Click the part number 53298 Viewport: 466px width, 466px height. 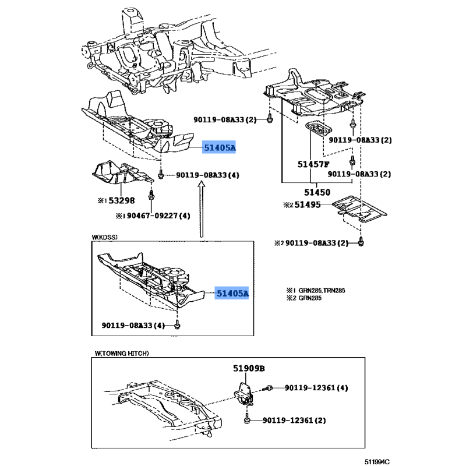pyautogui.click(x=121, y=200)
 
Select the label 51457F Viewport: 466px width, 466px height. pyautogui.click(x=313, y=164)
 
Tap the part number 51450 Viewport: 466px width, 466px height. pyautogui.click(x=317, y=192)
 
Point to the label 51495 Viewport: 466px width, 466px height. pyautogui.click(x=308, y=205)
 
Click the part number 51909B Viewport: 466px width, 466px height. pyautogui.click(x=249, y=369)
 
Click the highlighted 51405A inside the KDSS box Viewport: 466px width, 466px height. pyautogui.click(x=232, y=294)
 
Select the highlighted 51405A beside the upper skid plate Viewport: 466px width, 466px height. pyautogui.click(x=219, y=147)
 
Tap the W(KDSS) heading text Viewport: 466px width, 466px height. pyautogui.click(x=105, y=237)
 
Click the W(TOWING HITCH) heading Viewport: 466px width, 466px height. pyautogui.click(x=122, y=354)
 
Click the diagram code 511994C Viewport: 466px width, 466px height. pyautogui.click(x=377, y=461)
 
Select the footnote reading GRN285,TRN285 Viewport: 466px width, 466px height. pyautogui.click(x=322, y=290)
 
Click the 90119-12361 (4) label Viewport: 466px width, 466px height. pyautogui.click(x=316, y=388)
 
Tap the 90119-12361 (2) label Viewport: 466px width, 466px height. pyautogui.click(x=294, y=420)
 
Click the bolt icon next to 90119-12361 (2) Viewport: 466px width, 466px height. pyautogui.click(x=246, y=419)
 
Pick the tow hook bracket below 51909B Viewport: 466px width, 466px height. pyautogui.click(x=244, y=394)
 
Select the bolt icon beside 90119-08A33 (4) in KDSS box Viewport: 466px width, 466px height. pyautogui.click(x=177, y=325)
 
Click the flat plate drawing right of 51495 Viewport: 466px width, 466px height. pyautogui.click(x=359, y=209)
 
